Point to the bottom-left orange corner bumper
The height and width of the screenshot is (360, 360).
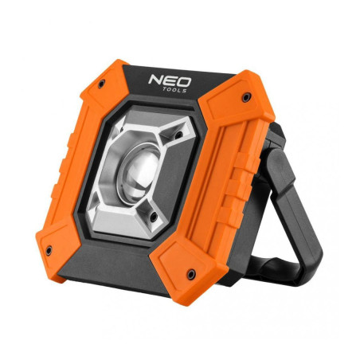click(60, 239)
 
